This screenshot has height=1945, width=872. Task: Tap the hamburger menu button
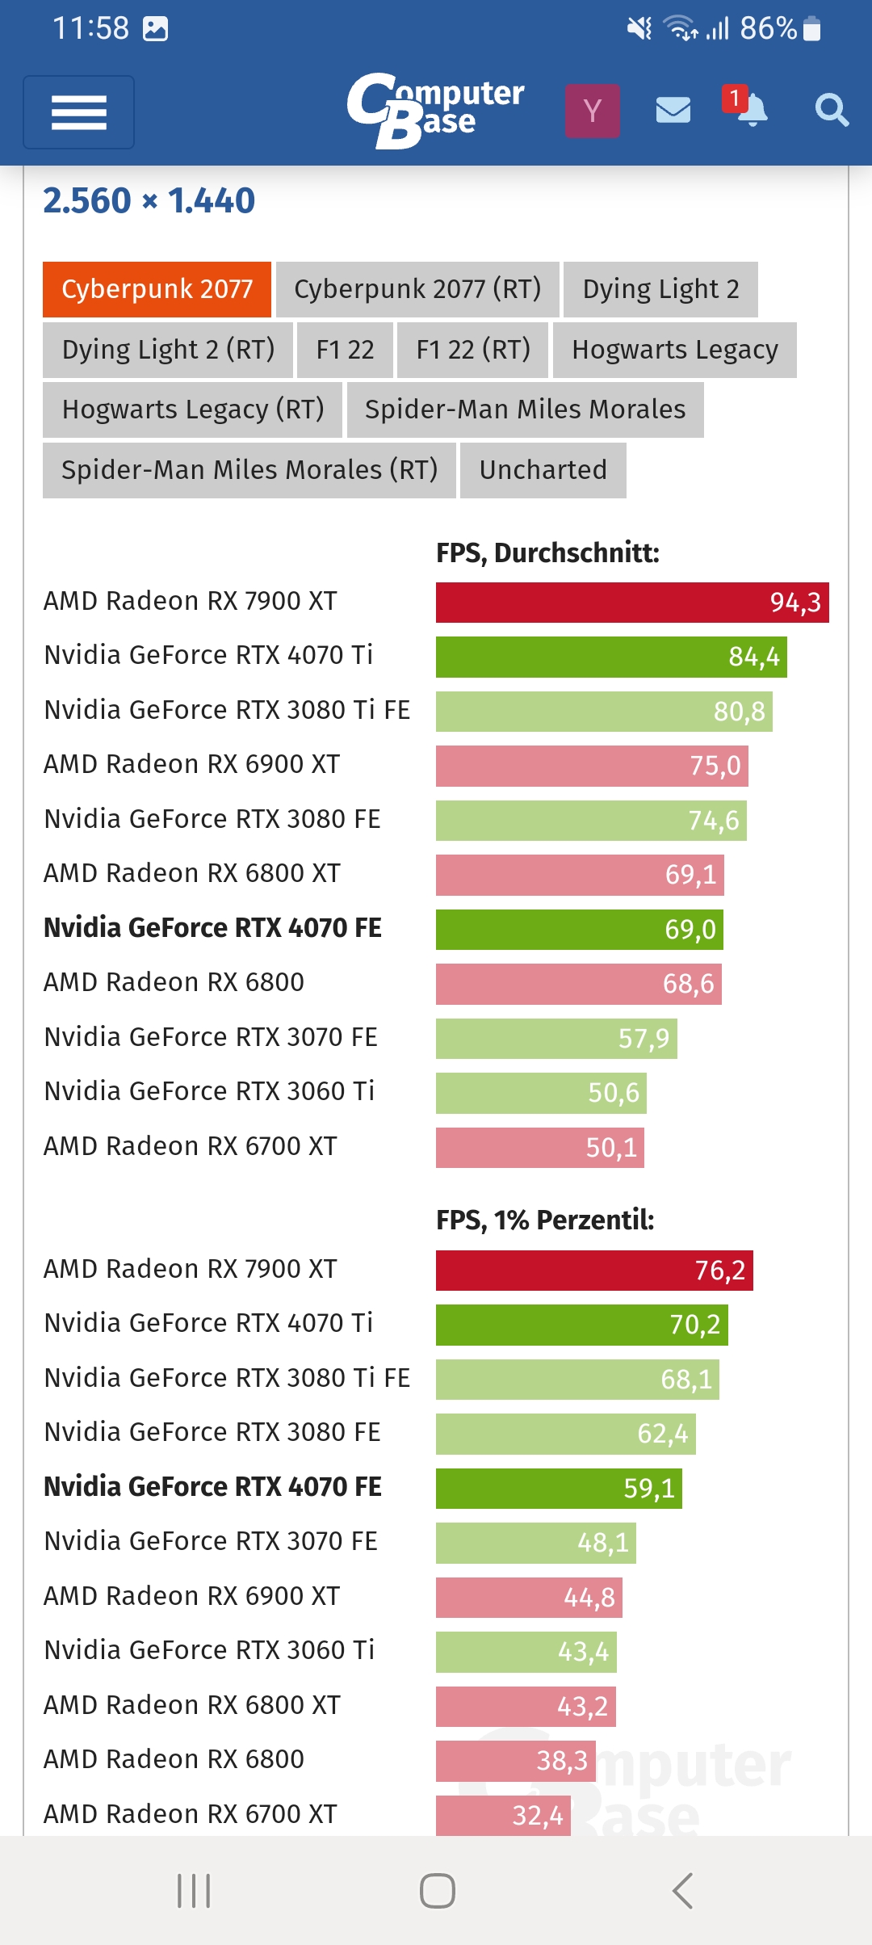[78, 112]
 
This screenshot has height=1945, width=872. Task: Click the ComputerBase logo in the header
[436, 111]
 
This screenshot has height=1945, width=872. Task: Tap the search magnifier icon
[831, 110]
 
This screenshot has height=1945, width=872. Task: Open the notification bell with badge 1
[748, 109]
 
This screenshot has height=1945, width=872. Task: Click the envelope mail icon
[673, 110]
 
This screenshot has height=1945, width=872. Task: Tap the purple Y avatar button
[593, 111]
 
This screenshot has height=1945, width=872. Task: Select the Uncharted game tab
[543, 470]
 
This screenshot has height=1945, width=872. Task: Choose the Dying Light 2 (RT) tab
[168, 350]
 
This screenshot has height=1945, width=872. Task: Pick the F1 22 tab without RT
[345, 350]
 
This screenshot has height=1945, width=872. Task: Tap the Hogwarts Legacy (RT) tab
[193, 410]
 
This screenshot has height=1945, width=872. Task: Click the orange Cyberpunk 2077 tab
[157, 289]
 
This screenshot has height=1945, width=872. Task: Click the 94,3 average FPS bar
[632, 603]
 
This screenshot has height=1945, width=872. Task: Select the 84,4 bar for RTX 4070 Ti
[611, 657]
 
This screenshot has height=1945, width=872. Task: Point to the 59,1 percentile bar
[559, 1488]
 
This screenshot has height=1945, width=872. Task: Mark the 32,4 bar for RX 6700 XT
[503, 1815]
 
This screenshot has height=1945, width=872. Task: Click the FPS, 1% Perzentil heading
[545, 1220]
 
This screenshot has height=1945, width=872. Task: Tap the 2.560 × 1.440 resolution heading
[149, 201]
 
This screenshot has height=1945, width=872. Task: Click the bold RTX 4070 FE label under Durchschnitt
[212, 928]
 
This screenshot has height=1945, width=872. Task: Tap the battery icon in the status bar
[812, 29]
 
